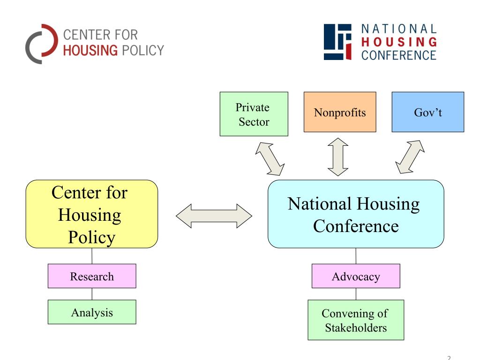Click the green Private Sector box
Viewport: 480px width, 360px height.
coord(254,114)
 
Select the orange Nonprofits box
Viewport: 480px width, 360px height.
coord(339,112)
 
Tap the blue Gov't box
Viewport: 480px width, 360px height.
coord(427,112)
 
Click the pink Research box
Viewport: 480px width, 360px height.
coord(92,276)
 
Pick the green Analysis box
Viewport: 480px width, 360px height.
coord(92,312)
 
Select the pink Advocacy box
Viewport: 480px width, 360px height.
coord(356,276)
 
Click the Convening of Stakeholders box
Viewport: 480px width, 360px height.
coord(356,320)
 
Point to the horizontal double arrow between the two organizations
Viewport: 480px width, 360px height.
coord(214,216)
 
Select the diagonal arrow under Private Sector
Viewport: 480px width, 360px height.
coord(270,157)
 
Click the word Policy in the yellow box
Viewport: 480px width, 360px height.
coord(91,237)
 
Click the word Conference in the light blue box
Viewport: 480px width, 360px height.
coord(356,226)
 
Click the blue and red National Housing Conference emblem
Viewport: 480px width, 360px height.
coord(337,42)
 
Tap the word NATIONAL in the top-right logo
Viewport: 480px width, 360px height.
coord(399,30)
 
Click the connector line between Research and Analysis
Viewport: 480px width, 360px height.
coord(92,294)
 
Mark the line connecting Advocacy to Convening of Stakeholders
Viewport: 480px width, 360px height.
coord(356,294)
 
